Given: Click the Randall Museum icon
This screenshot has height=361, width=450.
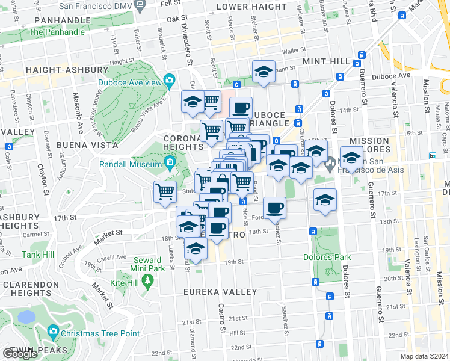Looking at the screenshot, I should [170, 161].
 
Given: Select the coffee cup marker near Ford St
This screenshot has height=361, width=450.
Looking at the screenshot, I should [275, 208].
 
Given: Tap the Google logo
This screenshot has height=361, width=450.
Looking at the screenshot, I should [20, 353].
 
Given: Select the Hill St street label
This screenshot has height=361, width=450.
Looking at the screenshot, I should [238, 332].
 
